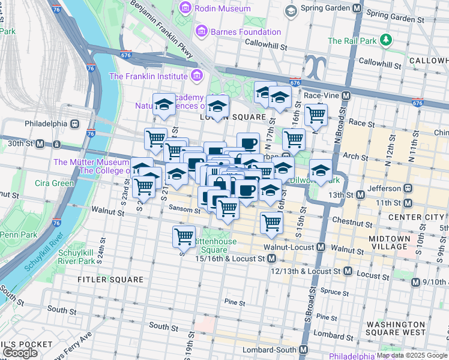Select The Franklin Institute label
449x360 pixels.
tap(148, 76)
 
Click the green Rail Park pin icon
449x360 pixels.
tap(385, 41)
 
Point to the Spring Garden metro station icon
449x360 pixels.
tap(357, 9)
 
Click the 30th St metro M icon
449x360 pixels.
tap(40, 144)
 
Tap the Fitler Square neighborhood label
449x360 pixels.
tap(110, 280)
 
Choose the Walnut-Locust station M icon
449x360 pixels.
tap(321, 247)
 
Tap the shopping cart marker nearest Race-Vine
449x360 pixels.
tap(316, 114)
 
